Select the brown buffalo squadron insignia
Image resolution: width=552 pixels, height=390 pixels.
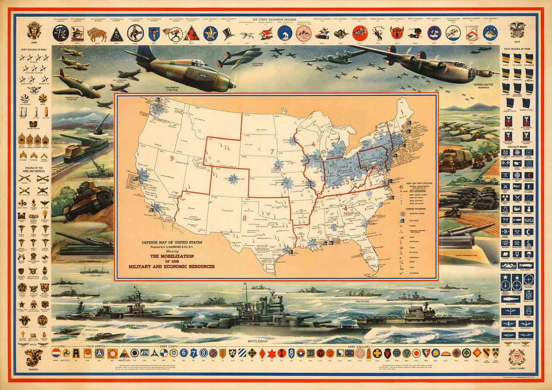97,34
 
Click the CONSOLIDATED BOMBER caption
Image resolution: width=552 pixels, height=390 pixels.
482,85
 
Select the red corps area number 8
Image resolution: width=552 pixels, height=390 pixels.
245,218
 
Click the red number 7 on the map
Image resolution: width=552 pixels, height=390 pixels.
272,151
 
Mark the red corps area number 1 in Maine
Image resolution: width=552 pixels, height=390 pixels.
402,112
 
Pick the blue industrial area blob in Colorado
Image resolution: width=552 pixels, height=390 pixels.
234,178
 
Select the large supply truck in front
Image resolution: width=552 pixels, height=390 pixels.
455,160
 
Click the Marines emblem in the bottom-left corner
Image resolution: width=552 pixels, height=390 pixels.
34,358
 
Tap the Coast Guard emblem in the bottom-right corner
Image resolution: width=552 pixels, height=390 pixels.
517,358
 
